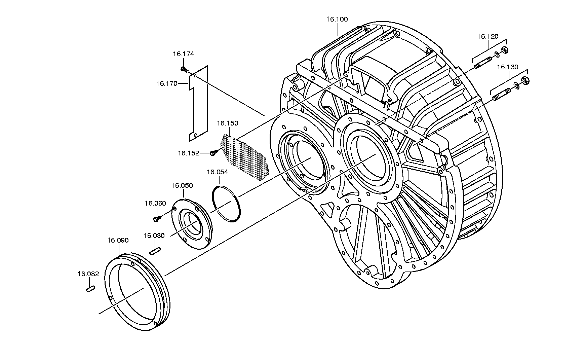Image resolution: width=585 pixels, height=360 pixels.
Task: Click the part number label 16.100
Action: [x=337, y=19]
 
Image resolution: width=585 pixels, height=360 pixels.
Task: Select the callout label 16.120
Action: [x=487, y=36]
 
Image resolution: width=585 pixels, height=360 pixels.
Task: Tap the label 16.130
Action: [x=508, y=67]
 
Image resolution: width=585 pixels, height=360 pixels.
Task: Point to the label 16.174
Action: [x=184, y=54]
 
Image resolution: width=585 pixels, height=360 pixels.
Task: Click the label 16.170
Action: [x=166, y=83]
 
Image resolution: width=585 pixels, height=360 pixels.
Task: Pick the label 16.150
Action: [x=228, y=123]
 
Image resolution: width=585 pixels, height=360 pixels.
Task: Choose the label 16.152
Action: [x=189, y=153]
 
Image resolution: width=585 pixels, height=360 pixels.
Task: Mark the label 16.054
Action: [x=217, y=172]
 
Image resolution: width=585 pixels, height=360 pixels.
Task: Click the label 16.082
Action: [x=88, y=274]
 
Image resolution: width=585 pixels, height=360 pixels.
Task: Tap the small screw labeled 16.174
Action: [x=184, y=69]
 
